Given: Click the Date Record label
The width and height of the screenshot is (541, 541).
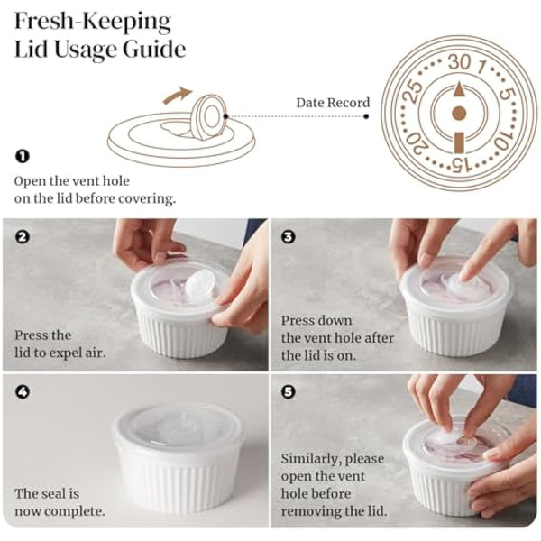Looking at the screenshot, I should pos(333,103).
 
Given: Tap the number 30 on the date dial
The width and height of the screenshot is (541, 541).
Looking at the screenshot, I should pos(459,62).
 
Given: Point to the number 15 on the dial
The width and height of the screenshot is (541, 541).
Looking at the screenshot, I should pos(458,164).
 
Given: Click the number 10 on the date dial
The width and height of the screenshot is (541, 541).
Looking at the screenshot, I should pos(502,139).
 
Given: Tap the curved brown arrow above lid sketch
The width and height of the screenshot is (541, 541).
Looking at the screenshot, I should pos(178,93).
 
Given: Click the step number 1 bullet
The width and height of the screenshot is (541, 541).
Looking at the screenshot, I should pos(23,156).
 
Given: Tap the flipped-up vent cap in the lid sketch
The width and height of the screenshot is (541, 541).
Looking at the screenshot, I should pos(209,117).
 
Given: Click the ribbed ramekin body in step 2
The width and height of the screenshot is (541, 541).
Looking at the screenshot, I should pos(180,335).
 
